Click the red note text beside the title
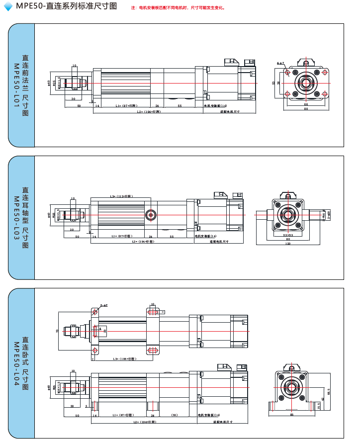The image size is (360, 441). (x=178, y=8)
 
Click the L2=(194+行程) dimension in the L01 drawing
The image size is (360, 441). (x=149, y=112)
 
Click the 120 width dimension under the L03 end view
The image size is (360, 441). (x=287, y=244)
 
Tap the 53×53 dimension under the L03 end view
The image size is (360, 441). (x=287, y=235)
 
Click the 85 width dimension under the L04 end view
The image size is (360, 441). (x=291, y=414)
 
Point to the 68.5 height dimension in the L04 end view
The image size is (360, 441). (x=329, y=392)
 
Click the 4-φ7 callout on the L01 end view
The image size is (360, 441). (x=280, y=64)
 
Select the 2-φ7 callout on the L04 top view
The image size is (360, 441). (x=104, y=305)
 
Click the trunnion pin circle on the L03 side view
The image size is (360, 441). (x=150, y=215)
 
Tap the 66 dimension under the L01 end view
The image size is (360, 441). (x=306, y=104)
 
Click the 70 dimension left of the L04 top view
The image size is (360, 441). (x=57, y=330)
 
